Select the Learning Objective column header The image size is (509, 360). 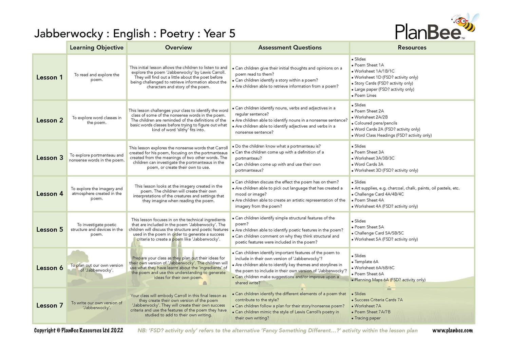click(97, 48)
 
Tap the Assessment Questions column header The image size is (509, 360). click(290, 48)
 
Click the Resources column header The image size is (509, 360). click(412, 48)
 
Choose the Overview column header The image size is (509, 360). click(178, 48)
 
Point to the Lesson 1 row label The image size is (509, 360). click(50, 77)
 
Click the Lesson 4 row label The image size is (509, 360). click(50, 194)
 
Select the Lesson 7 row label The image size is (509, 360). click(50, 305)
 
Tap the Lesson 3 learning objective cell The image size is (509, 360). click(97, 158)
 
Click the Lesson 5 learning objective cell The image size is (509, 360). click(97, 230)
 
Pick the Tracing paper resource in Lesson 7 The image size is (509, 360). click(367, 318)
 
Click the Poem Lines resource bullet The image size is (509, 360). click(365, 95)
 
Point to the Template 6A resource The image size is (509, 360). click(366, 262)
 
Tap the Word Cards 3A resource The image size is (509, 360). click(369, 164)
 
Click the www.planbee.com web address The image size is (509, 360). click(452, 330)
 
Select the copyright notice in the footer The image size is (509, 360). click(78, 330)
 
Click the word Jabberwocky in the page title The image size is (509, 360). click(69, 34)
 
